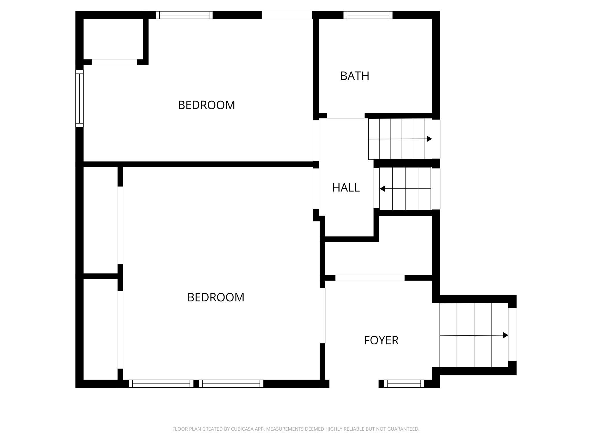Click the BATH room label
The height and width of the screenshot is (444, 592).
pos(355,76)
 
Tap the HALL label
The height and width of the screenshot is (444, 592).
pos(346,188)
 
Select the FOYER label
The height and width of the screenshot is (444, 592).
pos(381,340)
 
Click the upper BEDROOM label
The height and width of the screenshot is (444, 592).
pos(206,105)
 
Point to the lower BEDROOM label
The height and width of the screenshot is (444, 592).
pos(216,297)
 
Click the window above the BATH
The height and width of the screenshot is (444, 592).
pos(368,15)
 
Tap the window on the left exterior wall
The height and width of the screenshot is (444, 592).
pos(79,98)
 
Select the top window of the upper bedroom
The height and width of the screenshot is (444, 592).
pos(184,15)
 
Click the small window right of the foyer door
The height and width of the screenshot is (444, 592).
pos(404,384)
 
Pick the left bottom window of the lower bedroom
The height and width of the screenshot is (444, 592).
pos(161,384)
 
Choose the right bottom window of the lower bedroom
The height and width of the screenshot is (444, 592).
pos(231,384)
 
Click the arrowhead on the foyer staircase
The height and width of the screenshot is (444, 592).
pos(505,335)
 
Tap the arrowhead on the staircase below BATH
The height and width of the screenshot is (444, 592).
pos(429,139)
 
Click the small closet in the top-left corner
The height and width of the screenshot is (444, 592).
pos(113,39)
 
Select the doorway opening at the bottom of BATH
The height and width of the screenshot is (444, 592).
pos(346,116)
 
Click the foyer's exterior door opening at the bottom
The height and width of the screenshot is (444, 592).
pos(354,384)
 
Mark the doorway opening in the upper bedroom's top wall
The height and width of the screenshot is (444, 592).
pos(287,15)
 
